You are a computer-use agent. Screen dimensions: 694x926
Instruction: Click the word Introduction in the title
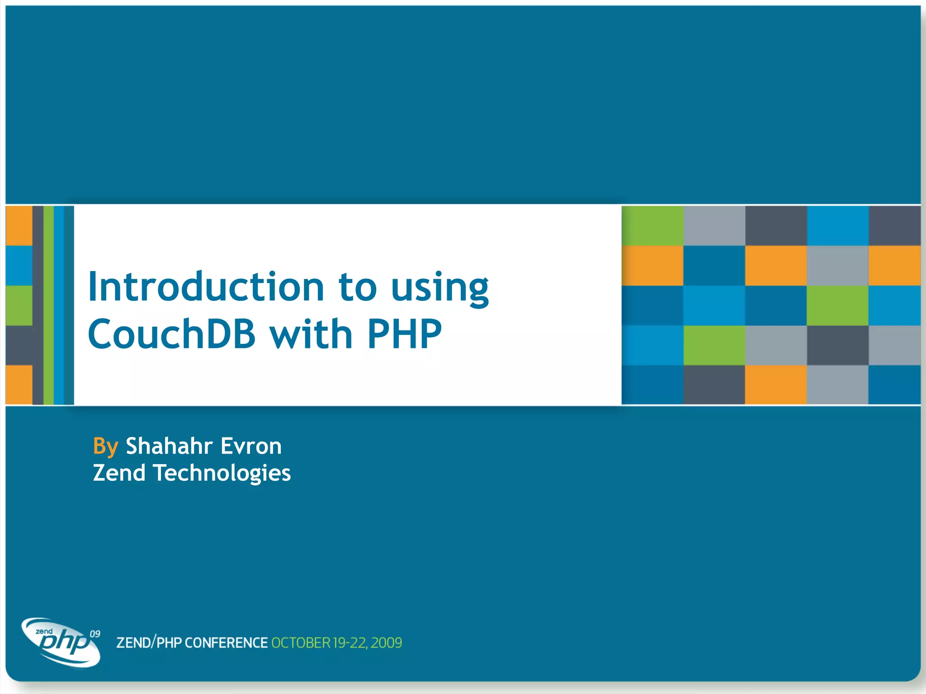pos(206,287)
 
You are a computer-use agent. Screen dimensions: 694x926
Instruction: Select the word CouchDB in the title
pos(172,334)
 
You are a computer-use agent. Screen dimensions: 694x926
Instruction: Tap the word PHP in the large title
pos(404,334)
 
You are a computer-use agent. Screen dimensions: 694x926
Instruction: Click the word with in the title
pos(311,334)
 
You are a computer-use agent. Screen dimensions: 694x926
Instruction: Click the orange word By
pos(105,446)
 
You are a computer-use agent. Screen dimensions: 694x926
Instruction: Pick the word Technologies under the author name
pos(222,473)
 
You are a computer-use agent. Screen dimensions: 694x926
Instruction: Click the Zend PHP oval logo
pos(61,642)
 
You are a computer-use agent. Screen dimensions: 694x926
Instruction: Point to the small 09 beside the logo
pos(95,634)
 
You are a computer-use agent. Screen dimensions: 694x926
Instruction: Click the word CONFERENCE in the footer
pos(226,642)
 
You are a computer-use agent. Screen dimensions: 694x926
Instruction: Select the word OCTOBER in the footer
pos(301,642)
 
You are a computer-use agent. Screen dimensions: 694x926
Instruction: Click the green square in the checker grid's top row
pos(652,225)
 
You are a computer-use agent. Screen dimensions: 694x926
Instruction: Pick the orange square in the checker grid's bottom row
pos(775,385)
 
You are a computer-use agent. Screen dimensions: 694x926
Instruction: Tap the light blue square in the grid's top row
pos(837,225)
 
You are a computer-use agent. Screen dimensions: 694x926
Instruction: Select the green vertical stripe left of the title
pos(48,305)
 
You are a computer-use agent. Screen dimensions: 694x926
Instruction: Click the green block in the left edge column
pos(19,305)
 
